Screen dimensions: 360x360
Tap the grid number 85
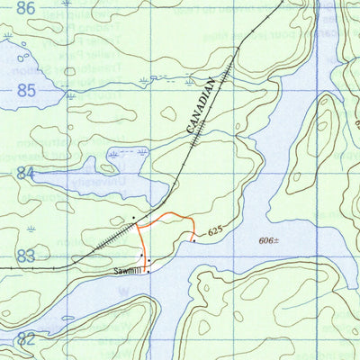coord(26,91)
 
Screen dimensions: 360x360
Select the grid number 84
coord(25,173)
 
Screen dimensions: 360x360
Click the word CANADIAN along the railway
coord(202,106)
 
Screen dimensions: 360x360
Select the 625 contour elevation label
coord(213,232)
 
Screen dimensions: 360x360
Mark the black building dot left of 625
coord(193,240)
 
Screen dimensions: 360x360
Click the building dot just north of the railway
coord(133,218)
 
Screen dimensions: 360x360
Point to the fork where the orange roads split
coord(139,226)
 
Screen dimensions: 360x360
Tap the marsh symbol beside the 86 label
coord(8,40)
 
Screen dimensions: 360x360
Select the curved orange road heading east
coord(171,215)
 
